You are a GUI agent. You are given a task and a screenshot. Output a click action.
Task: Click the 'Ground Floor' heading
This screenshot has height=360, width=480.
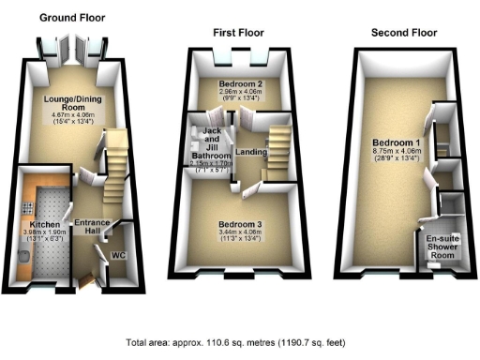(71, 18)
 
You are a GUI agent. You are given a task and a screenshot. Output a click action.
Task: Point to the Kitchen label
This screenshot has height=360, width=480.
(45, 225)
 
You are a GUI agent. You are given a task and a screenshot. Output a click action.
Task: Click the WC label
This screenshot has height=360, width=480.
(118, 254)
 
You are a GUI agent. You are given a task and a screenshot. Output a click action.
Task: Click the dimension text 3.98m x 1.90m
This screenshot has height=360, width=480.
(45, 234)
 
